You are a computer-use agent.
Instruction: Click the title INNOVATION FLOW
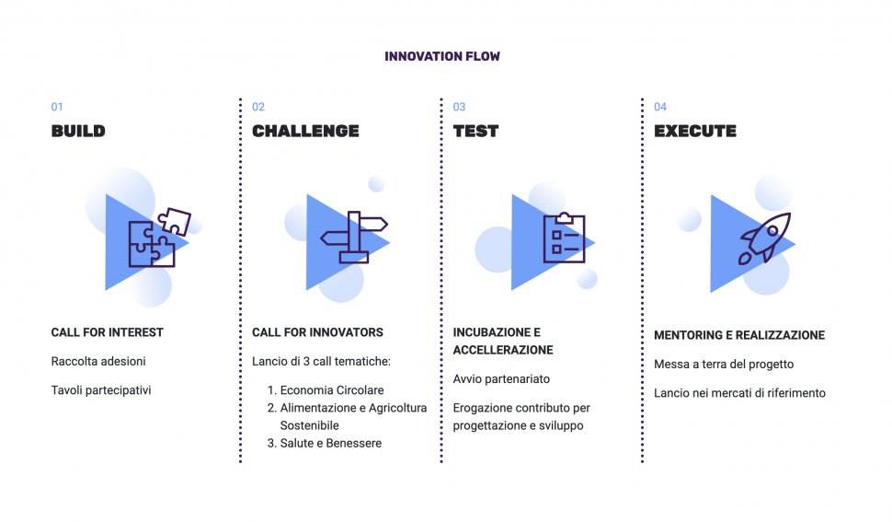coord(442,56)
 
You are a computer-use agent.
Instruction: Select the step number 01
coord(57,107)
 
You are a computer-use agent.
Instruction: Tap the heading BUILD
coord(78,131)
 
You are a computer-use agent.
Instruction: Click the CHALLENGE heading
coord(305,131)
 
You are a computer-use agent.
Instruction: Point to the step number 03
coord(459,107)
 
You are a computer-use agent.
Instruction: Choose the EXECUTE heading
coord(695,131)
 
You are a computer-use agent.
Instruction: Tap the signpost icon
coord(354,238)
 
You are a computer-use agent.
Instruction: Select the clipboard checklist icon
coord(565,238)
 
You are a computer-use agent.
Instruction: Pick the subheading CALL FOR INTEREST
coord(107,332)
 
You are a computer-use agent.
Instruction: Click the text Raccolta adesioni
coord(98,362)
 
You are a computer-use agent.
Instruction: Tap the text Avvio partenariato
coord(501,379)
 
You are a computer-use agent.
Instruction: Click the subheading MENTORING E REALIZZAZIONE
coord(739,335)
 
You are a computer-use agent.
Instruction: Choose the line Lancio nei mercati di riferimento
coord(739,393)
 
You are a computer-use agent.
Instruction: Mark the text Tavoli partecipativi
coord(101,390)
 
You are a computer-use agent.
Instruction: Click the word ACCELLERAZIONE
coord(503,350)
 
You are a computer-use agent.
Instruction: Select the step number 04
coord(660,107)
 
